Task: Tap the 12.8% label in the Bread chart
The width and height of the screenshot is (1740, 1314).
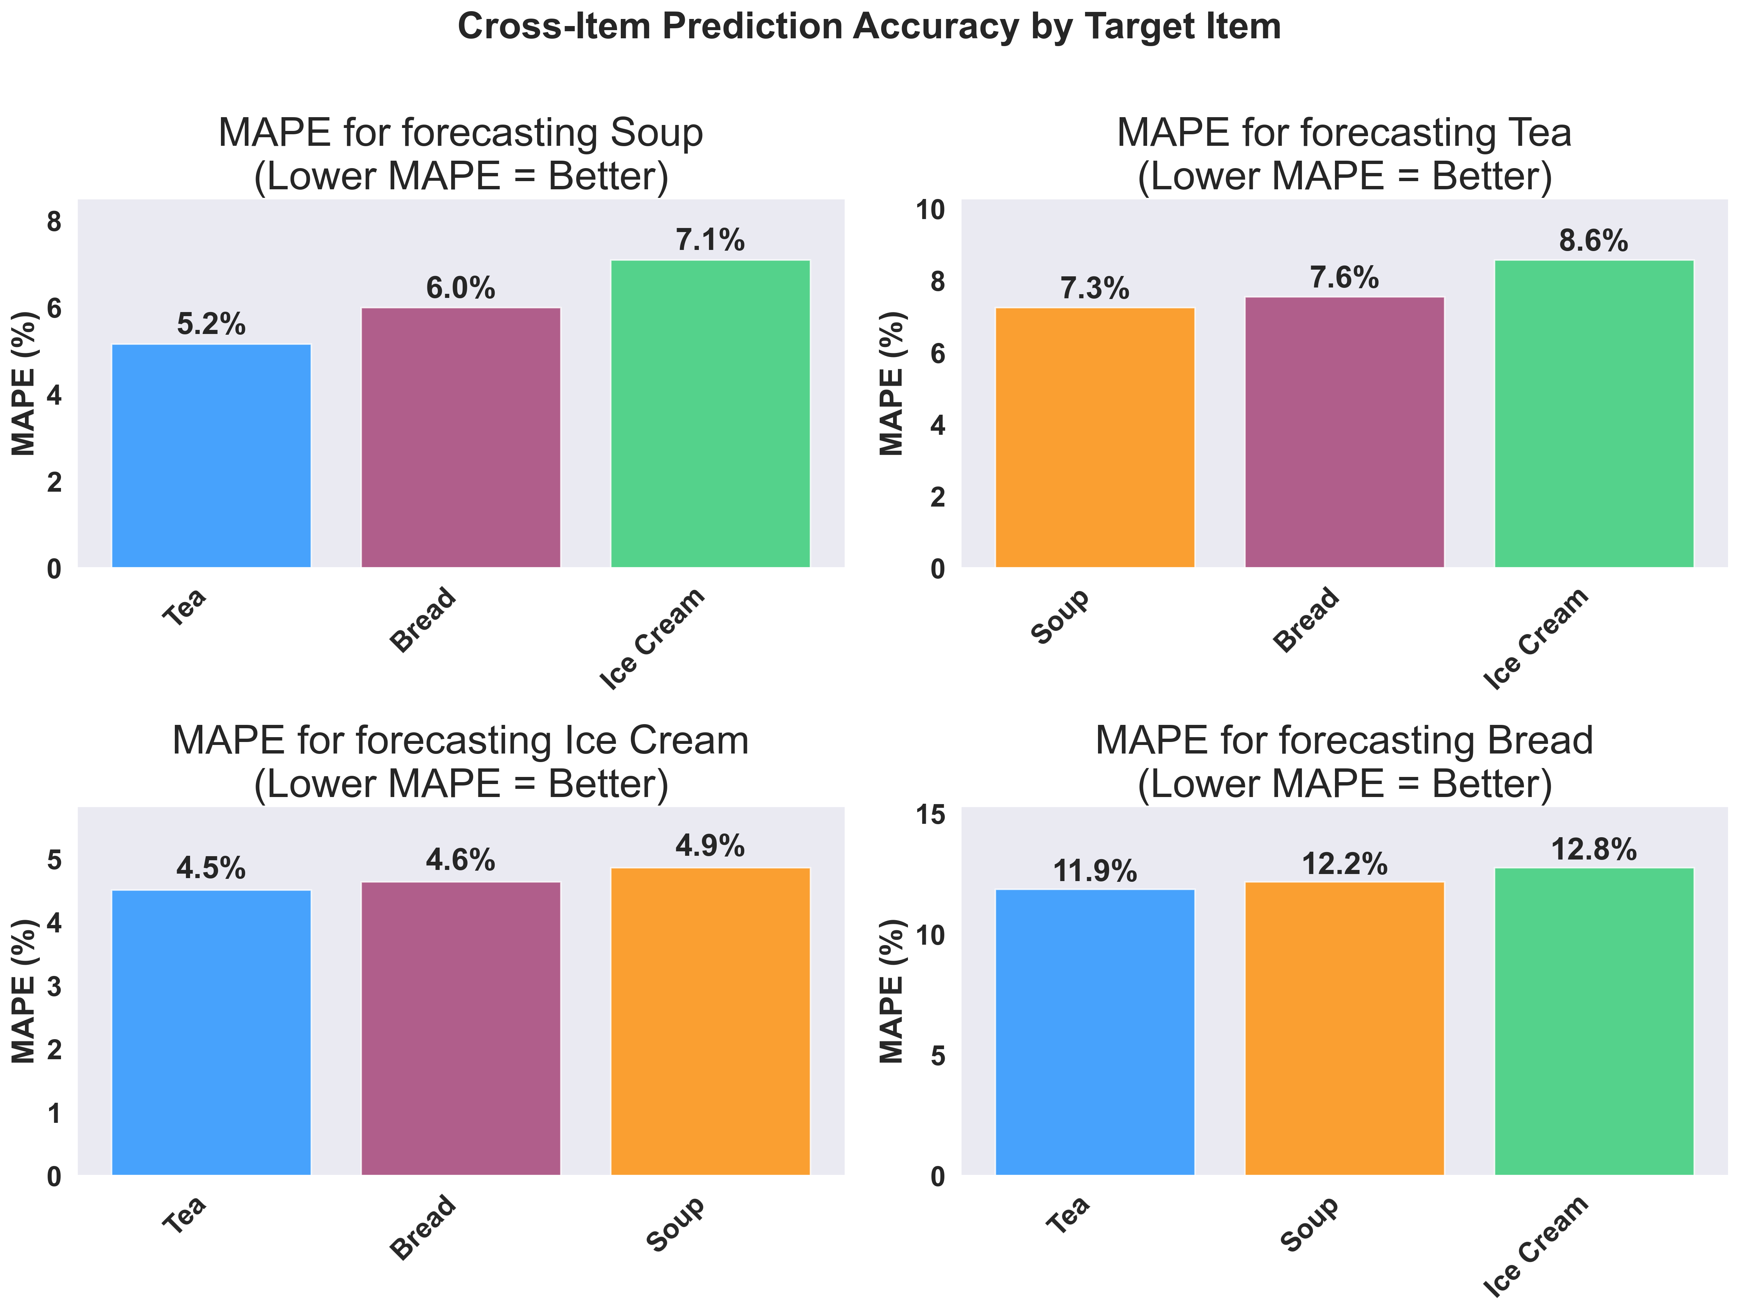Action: pyautogui.click(x=1594, y=850)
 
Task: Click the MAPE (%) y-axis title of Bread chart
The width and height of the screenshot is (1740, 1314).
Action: pyautogui.click(x=891, y=991)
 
